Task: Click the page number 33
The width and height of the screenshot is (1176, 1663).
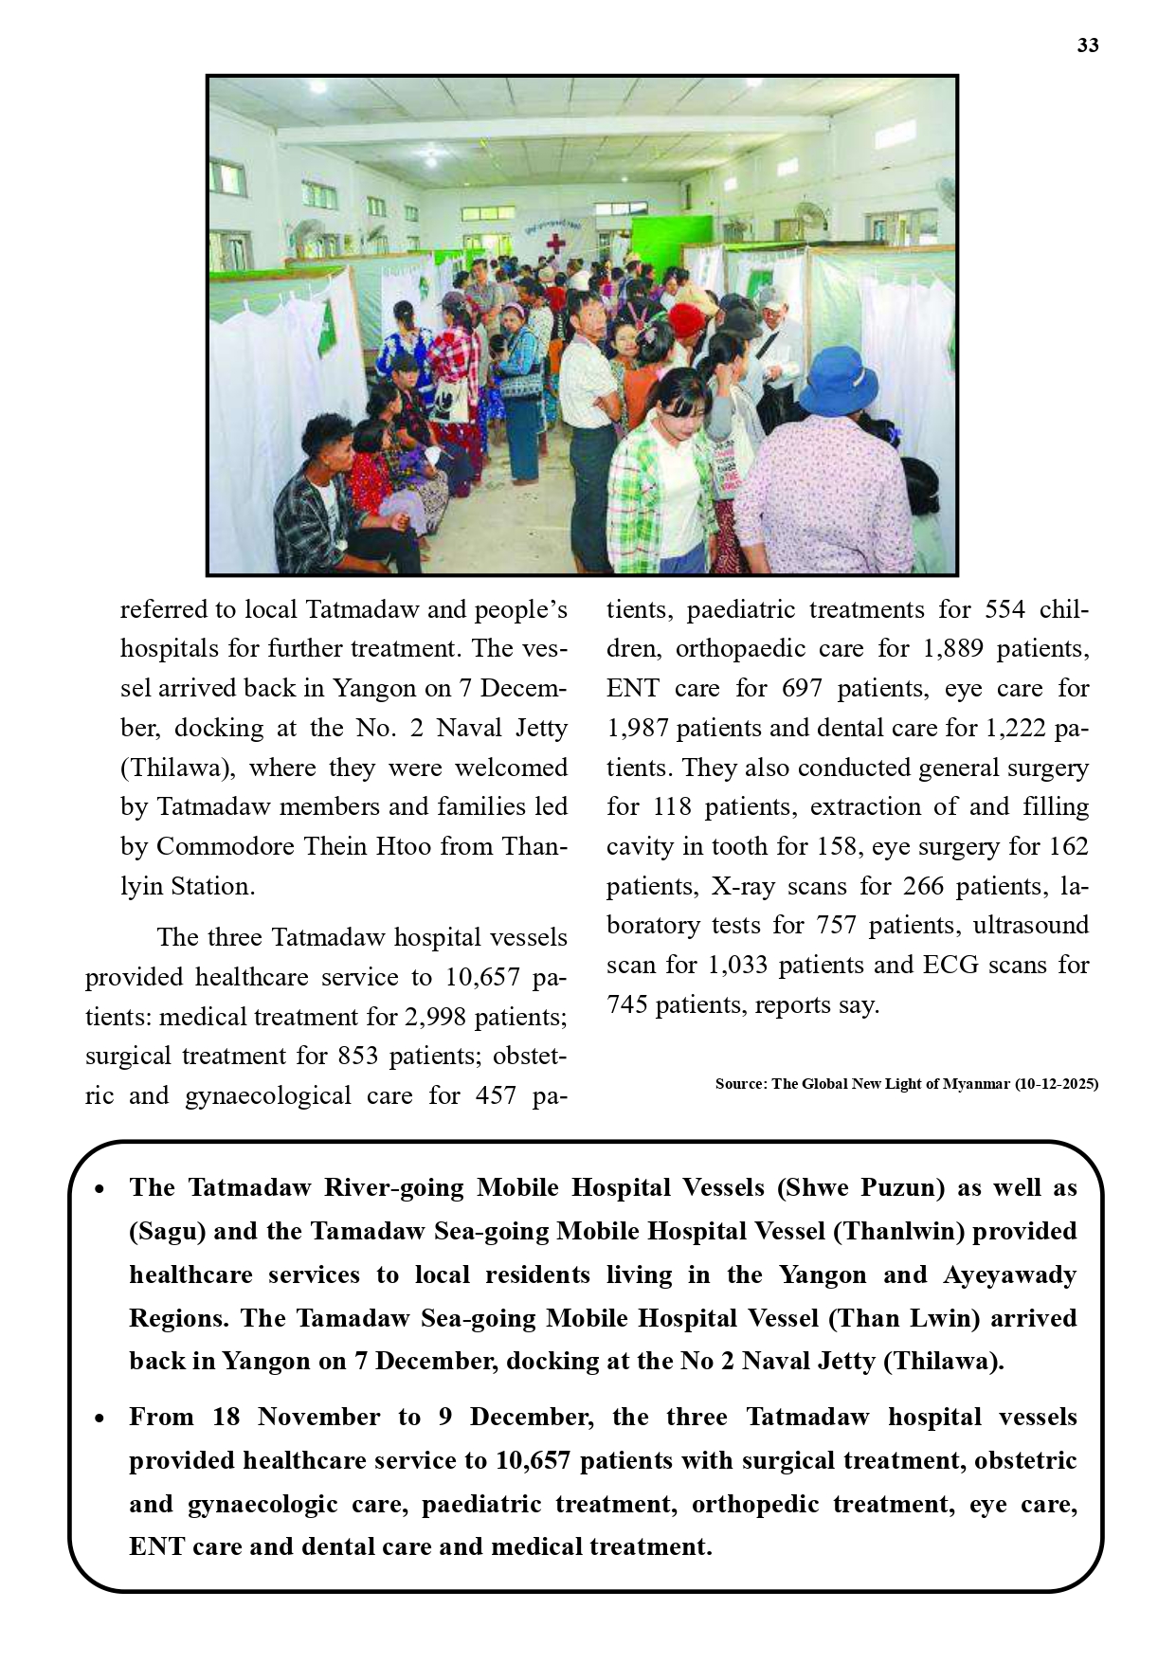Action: pyautogui.click(x=1087, y=45)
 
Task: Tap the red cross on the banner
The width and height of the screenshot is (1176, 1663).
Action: pyautogui.click(x=555, y=244)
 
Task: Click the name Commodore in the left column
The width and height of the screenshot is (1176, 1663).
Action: pyautogui.click(x=225, y=846)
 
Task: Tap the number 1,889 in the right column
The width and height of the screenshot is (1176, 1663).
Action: pyautogui.click(x=954, y=649)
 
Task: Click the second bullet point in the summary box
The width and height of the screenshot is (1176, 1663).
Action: pyautogui.click(x=100, y=1419)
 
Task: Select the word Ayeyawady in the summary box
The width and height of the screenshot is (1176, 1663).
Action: pyautogui.click(x=1010, y=1274)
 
